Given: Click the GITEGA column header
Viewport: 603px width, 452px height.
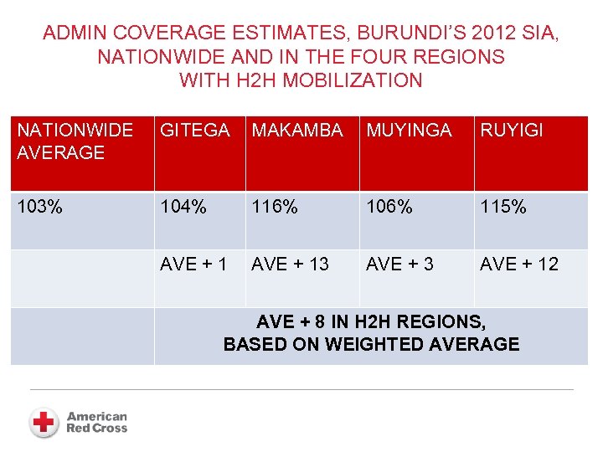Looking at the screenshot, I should tap(194, 131).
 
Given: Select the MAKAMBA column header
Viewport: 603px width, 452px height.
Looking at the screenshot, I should tap(297, 131).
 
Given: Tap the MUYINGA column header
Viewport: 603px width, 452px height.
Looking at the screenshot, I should tap(408, 131).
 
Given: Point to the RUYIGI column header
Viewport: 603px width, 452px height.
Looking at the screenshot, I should tap(511, 131).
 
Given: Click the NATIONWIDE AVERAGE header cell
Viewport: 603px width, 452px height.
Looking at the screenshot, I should tap(75, 141).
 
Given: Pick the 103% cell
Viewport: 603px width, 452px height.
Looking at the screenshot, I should tap(39, 207).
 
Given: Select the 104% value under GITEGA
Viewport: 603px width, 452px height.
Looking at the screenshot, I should tap(183, 207).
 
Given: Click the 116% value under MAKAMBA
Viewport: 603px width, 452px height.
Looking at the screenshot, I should tap(275, 207).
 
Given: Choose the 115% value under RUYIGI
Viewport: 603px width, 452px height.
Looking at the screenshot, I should tap(502, 207).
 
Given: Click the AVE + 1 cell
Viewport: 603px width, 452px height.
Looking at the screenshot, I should tap(193, 265).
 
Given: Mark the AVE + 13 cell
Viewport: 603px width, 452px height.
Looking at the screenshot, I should tap(290, 265).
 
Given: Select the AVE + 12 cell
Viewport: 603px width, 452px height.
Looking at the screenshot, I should tap(518, 265).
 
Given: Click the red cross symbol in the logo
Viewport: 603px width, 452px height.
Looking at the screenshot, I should tap(44, 422).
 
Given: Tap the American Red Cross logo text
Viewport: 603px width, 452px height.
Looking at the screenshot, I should tap(96, 422).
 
